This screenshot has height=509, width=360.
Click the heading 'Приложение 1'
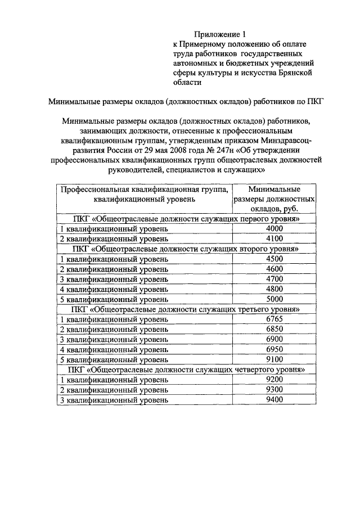coord(220,34)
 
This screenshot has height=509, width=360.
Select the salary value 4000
coord(274,229)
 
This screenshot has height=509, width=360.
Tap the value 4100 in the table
coord(274,238)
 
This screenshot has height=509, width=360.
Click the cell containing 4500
coord(274,259)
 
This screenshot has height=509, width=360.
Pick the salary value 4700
coord(274,279)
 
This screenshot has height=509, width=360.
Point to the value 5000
coord(274,299)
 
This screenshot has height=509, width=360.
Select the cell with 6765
coord(274,319)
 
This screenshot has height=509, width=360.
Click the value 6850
coord(274,329)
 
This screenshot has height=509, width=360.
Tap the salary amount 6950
coord(274,349)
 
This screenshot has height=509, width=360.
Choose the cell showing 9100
coord(274,359)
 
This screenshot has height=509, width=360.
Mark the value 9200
coord(274,380)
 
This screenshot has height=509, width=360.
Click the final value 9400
coord(274,399)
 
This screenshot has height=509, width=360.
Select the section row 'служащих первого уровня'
coord(186,219)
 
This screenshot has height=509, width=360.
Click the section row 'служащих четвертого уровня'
coord(186,370)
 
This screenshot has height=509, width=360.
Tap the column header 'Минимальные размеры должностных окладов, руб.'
coord(274,199)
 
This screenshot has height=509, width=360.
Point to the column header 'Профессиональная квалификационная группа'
coord(144,194)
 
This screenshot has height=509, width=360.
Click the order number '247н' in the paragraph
coord(223,150)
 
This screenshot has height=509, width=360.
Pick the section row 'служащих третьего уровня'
coord(186,309)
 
